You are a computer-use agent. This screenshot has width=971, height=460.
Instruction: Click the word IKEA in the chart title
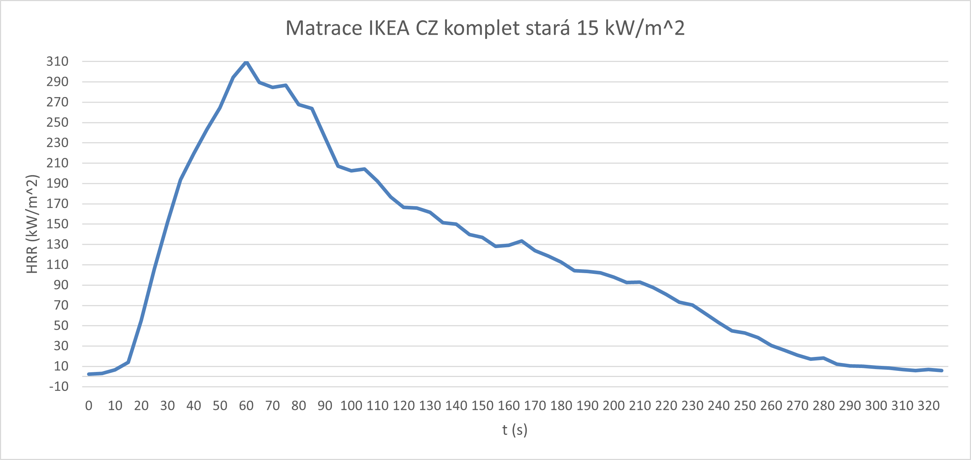click(388, 28)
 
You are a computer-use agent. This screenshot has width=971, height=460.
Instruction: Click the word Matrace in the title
click(323, 28)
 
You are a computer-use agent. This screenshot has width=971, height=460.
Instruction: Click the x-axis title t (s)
click(515, 430)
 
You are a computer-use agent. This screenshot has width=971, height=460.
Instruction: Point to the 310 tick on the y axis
click(57, 62)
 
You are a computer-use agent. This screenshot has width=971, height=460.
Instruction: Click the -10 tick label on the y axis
click(59, 387)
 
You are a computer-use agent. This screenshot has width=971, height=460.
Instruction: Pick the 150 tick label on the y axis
click(57, 224)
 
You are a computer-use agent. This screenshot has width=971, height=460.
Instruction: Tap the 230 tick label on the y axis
click(57, 143)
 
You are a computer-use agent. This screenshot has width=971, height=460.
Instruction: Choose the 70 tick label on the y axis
click(61, 305)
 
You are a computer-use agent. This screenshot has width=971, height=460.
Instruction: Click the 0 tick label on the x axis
click(88, 406)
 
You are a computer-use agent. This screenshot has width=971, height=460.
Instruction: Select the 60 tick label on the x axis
click(246, 406)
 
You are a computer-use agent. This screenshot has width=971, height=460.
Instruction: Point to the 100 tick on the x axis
click(351, 406)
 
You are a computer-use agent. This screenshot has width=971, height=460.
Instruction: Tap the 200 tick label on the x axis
click(614, 406)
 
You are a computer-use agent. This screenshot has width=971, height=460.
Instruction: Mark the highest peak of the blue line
click(246, 62)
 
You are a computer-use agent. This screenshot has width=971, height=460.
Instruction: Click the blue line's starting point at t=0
click(89, 374)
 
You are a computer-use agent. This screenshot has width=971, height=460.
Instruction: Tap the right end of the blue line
click(942, 371)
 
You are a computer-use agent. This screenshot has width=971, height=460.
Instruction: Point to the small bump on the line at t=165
click(522, 241)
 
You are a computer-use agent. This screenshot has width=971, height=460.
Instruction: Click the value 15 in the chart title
click(587, 28)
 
